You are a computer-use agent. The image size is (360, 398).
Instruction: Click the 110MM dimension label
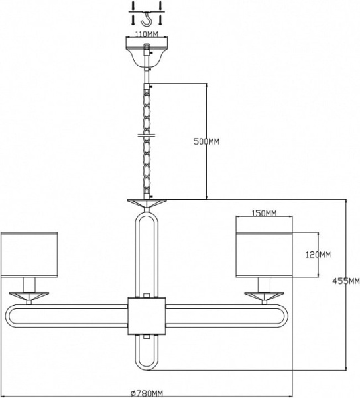pyautogui.click(x=147, y=34)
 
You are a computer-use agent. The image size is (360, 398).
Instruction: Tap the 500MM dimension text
pyautogui.click(x=206, y=142)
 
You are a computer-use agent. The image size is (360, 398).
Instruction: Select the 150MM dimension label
pyautogui.click(x=264, y=213)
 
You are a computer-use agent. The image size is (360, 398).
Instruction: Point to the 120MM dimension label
pyautogui.click(x=318, y=255)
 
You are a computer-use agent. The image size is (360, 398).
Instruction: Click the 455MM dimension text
pyautogui.click(x=346, y=281)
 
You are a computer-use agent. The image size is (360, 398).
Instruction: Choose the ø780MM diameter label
pyautogui.click(x=147, y=394)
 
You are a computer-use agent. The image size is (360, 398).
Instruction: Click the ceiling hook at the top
pyautogui.click(x=146, y=19)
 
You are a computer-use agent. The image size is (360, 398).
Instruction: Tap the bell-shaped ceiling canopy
pyautogui.click(x=147, y=52)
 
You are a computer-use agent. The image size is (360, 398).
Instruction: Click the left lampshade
pyautogui.click(x=29, y=254)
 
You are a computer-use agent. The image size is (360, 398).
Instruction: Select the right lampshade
pyautogui.click(x=264, y=254)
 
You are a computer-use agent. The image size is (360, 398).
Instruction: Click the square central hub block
pyautogui.click(x=147, y=316)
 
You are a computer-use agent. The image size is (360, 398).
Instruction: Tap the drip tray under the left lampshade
pyautogui.click(x=29, y=295)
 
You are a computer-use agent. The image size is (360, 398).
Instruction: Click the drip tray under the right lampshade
pyautogui.click(x=264, y=295)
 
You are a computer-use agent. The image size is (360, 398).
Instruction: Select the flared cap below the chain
pyautogui.click(x=147, y=204)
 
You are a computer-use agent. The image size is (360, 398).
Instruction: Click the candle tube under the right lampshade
pyautogui.click(x=264, y=285)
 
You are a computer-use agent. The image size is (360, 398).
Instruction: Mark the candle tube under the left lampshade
pyautogui.click(x=29, y=285)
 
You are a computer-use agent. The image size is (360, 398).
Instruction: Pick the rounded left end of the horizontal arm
pyautogui.click(x=7, y=316)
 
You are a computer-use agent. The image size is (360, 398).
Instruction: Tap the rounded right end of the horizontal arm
pyautogui.click(x=286, y=316)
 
